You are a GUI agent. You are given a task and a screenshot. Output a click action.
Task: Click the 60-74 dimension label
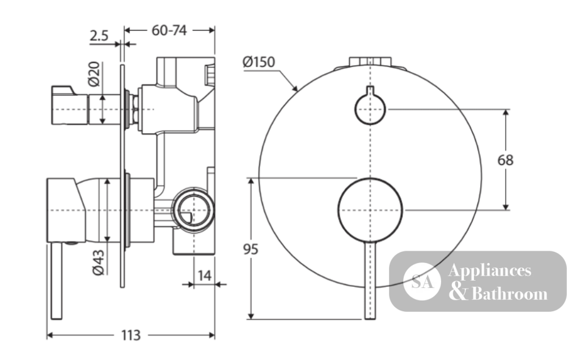point(169,31)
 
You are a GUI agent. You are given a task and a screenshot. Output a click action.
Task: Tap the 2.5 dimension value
point(99,36)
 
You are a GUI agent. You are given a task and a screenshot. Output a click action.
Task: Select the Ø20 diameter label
point(94,74)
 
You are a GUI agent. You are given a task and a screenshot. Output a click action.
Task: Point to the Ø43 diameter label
point(98,262)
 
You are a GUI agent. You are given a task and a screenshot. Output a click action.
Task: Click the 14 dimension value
point(204,276)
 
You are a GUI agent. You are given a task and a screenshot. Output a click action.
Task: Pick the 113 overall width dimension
point(130,336)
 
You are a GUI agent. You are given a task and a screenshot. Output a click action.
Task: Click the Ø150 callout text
point(259,62)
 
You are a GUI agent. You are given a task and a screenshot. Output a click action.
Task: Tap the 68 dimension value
point(505,160)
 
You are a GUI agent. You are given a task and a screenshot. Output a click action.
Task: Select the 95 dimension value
point(251,249)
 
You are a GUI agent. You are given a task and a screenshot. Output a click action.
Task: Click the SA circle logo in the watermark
point(422,281)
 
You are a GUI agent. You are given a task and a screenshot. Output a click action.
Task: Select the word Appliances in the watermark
point(490,271)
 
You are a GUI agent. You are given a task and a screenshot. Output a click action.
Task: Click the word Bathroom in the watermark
point(510,294)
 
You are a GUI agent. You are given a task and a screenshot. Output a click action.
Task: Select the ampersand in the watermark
point(459,293)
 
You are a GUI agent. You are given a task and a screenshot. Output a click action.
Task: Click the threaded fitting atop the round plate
point(370,61)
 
